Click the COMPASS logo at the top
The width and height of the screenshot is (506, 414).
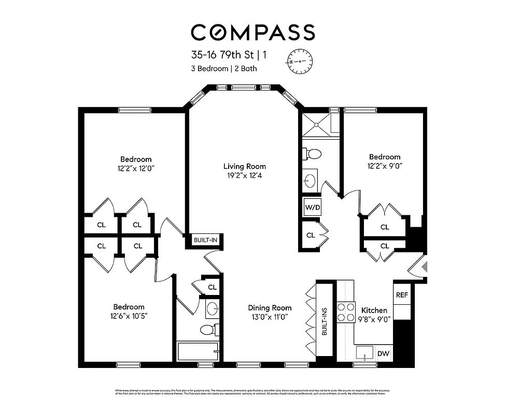click(252, 32)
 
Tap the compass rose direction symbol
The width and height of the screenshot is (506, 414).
click(300, 61)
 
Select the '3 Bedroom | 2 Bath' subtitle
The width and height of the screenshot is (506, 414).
click(223, 68)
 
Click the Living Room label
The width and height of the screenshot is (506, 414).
click(244, 166)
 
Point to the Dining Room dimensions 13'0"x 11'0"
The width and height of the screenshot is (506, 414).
click(269, 317)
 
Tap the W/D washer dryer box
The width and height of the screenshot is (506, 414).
click(312, 208)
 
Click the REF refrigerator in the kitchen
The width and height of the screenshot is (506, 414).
click(402, 294)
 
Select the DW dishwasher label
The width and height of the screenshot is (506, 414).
click(383, 353)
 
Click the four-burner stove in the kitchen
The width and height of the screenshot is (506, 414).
click(345, 313)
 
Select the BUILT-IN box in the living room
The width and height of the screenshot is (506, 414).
click(205, 240)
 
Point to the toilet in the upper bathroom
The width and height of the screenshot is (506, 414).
click(313, 154)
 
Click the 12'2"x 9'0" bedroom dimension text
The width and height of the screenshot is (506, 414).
click(385, 166)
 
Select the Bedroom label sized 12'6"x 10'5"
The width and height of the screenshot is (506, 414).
click(130, 307)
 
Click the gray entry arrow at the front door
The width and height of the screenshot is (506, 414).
click(425, 267)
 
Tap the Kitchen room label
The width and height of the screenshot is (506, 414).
click(374, 310)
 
